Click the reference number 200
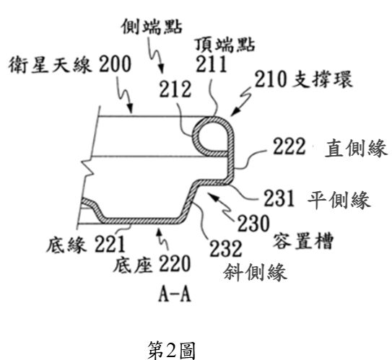115,64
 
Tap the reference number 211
212,64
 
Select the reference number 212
175,89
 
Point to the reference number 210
270,79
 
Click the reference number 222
289,146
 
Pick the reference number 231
279,198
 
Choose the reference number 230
253,223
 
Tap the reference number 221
110,244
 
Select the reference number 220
175,263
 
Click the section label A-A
175,294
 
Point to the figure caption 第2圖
171,350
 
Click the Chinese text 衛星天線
50,64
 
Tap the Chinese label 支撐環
322,79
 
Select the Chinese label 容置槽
303,241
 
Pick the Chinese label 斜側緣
255,272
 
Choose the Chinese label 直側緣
356,148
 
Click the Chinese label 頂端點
225,45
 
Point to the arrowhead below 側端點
162,69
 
